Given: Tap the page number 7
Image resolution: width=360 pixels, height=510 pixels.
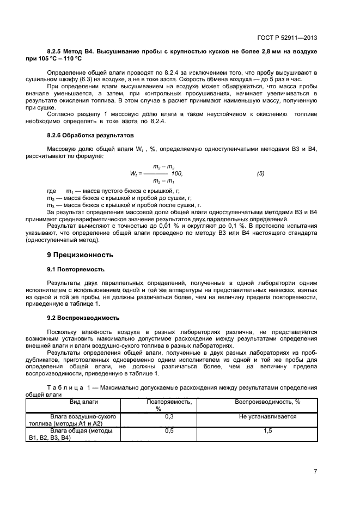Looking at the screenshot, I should click(x=315, y=471).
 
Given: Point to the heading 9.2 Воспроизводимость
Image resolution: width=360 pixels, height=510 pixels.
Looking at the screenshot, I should click(x=83, y=318).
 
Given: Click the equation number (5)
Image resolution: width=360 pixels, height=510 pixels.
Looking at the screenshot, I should click(x=260, y=173).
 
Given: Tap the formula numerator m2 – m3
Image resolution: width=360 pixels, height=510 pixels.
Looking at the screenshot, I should click(x=163, y=167).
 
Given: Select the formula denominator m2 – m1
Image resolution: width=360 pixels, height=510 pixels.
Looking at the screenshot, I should click(x=163, y=180).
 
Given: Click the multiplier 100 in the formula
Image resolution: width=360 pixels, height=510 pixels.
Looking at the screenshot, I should click(x=178, y=173).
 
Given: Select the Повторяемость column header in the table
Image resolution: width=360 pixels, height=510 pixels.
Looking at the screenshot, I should click(x=169, y=402).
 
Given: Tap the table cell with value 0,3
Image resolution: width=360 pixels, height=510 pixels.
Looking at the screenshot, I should click(x=169, y=416).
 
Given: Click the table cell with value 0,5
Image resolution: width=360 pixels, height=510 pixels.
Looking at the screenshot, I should click(x=169, y=430).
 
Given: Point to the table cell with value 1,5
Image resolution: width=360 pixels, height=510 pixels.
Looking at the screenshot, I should click(x=267, y=430).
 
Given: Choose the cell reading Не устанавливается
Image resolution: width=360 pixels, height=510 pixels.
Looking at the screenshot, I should click(x=267, y=416).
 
